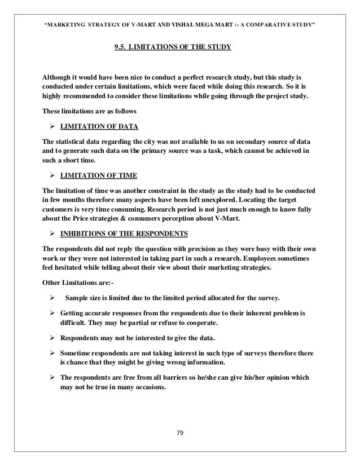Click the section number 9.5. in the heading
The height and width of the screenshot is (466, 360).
click(120, 47)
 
